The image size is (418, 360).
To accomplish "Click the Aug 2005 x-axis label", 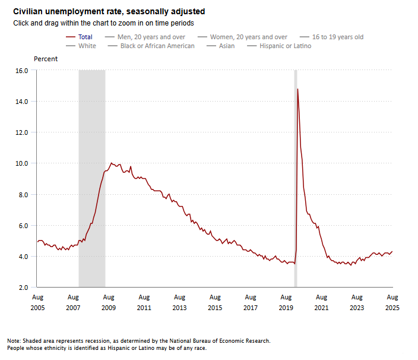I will pos(37,302).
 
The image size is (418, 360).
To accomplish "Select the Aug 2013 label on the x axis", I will pos(179,302).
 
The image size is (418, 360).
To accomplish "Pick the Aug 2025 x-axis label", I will pos(392,302).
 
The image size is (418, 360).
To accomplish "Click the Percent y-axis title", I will pos(46,59).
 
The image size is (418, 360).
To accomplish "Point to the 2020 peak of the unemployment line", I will pos(297,89).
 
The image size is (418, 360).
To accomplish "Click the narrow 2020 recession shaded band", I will pos(296,178).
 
